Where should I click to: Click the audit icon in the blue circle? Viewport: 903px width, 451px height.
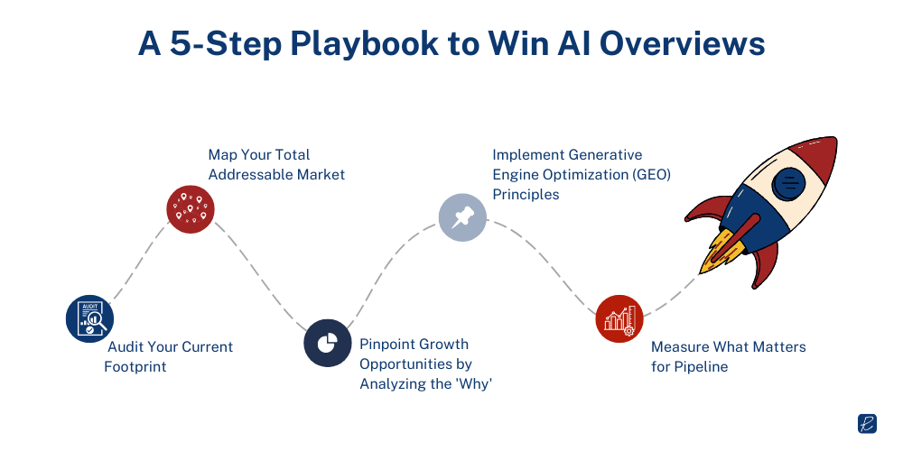click(x=89, y=318)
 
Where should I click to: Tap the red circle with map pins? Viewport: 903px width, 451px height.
click(x=191, y=209)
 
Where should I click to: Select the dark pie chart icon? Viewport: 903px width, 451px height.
click(x=327, y=343)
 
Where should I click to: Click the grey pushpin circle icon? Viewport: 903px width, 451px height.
click(x=462, y=216)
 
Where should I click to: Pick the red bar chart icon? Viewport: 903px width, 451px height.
click(x=619, y=318)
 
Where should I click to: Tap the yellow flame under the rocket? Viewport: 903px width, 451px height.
click(x=718, y=253)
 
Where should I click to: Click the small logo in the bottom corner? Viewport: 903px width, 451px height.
click(x=868, y=424)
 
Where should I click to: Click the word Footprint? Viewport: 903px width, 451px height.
click(x=136, y=366)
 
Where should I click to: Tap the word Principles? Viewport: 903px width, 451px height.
click(x=526, y=194)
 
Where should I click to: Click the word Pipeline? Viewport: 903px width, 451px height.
click(x=702, y=366)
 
